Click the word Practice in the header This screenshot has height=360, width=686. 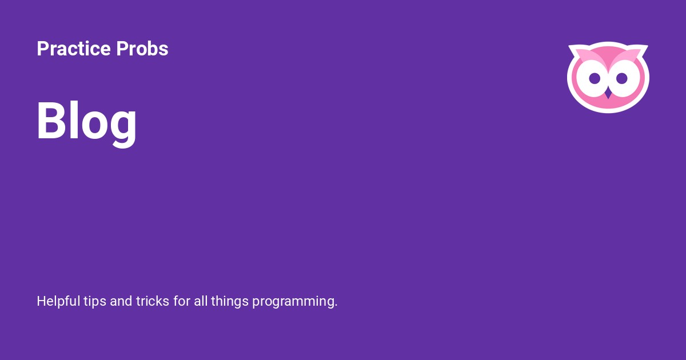(x=74, y=49)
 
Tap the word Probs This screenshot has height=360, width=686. (x=142, y=49)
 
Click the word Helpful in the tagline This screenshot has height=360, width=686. (x=58, y=301)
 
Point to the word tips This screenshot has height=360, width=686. (x=95, y=302)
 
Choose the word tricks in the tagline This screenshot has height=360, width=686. (x=153, y=301)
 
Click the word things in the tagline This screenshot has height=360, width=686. (x=230, y=302)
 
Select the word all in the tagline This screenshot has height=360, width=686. (x=201, y=301)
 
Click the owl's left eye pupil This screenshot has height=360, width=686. (x=595, y=78)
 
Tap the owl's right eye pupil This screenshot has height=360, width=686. (x=622, y=78)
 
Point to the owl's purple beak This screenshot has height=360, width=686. (x=608, y=93)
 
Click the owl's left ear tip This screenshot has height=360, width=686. (x=569, y=46)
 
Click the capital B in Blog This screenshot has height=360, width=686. (x=51, y=120)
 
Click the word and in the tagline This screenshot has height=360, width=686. (x=121, y=301)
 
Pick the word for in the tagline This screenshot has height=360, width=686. (x=182, y=301)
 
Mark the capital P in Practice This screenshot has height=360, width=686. (x=43, y=49)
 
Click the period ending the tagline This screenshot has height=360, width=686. (x=336, y=306)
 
